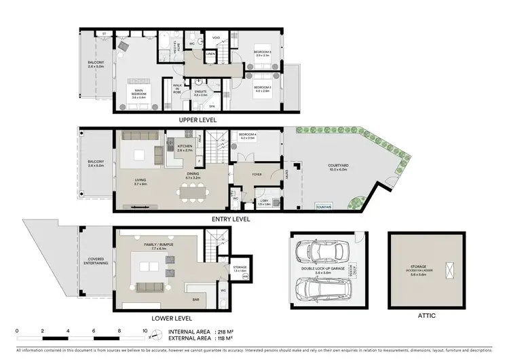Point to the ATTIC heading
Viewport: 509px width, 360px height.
point(428,316)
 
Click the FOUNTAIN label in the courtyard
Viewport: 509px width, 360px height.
point(324,206)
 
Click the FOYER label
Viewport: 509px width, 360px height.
point(256,174)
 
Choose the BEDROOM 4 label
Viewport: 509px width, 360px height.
point(246,136)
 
